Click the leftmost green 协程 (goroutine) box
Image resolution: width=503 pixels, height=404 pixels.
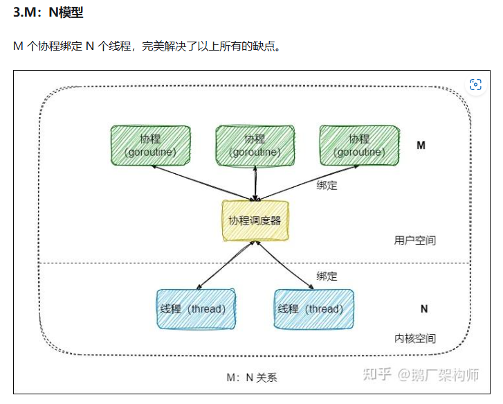pyautogui.click(x=150, y=146)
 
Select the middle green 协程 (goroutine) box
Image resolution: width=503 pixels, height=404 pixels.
pyautogui.click(x=255, y=146)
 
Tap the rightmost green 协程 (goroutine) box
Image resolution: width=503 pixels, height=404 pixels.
pyautogui.click(x=359, y=146)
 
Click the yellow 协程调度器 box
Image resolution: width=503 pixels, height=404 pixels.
pyautogui.click(x=255, y=221)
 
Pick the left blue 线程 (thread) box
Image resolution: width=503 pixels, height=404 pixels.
pyautogui.click(x=196, y=309)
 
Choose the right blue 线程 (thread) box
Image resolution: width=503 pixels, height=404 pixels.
pyautogui.click(x=314, y=309)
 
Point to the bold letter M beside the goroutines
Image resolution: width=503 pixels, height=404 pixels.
pyautogui.click(x=421, y=146)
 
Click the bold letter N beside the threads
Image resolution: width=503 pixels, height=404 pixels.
pyautogui.click(x=424, y=309)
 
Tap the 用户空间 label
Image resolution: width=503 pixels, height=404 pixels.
pyautogui.click(x=415, y=240)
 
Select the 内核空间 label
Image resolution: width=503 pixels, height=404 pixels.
pyautogui.click(x=415, y=338)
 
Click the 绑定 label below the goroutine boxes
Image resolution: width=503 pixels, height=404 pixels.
pyautogui.click(x=327, y=185)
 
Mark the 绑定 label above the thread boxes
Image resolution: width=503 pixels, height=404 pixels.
pyautogui.click(x=327, y=276)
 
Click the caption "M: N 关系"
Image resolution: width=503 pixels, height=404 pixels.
pyautogui.click(x=252, y=378)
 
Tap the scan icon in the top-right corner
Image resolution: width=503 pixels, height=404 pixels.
pyautogui.click(x=475, y=85)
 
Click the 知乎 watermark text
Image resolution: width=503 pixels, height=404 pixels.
pyautogui.click(x=378, y=375)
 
